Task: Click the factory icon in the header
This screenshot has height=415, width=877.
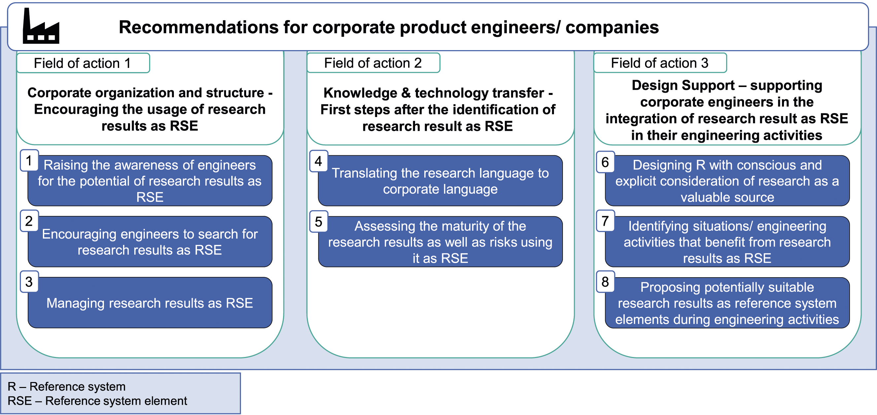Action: pyautogui.click(x=41, y=26)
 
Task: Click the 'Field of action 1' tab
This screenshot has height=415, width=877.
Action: pyautogui.click(x=83, y=63)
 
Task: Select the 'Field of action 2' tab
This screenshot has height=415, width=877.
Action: pyautogui.click(x=373, y=63)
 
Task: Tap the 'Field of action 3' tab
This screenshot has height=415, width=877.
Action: pyautogui.click(x=660, y=63)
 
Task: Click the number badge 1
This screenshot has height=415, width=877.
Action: pyautogui.click(x=29, y=160)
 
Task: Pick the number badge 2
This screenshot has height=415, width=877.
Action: pyautogui.click(x=29, y=221)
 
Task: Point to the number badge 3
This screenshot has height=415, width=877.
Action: pyautogui.click(x=29, y=282)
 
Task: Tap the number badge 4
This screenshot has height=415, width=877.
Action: pyautogui.click(x=319, y=161)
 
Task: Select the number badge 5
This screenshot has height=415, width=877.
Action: pyautogui.click(x=319, y=222)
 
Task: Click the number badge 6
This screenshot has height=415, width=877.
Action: pyautogui.click(x=605, y=162)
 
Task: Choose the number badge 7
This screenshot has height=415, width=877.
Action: pyautogui.click(x=605, y=221)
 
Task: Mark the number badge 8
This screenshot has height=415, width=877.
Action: pyautogui.click(x=605, y=282)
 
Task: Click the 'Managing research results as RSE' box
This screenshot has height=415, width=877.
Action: pyautogui.click(x=150, y=303)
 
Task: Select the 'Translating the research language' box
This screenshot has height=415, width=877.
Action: pyautogui.click(x=440, y=181)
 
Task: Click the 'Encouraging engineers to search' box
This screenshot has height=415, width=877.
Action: pyautogui.click(x=150, y=242)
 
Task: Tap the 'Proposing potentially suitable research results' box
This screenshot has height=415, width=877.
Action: pyautogui.click(x=727, y=303)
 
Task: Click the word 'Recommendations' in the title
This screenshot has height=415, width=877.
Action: pyautogui.click(x=199, y=27)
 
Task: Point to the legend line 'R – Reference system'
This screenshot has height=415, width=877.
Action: pyautogui.click(x=67, y=386)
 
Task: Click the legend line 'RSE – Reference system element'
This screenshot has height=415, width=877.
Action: pyautogui.click(x=97, y=401)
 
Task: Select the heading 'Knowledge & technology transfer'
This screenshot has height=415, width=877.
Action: pyautogui.click(x=438, y=93)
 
